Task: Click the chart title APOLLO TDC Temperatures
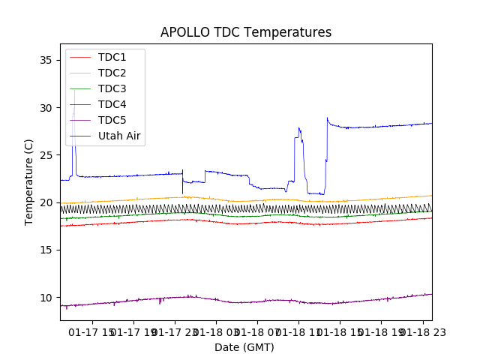pos(246,32)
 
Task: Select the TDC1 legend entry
pos(112,57)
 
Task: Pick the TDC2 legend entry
pos(112,73)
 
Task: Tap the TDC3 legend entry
pos(112,88)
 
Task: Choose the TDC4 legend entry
pos(112,104)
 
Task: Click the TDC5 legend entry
pos(112,120)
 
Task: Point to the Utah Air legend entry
pos(119,136)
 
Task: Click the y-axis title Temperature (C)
pos(29,181)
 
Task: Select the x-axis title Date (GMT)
pos(244,347)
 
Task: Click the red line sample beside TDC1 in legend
pos(82,57)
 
